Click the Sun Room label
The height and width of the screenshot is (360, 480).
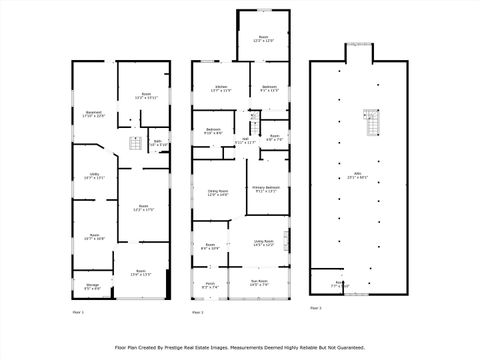259,283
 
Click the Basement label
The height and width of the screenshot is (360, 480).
92,114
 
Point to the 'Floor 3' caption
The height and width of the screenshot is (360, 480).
316,308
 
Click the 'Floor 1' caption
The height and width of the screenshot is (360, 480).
78,312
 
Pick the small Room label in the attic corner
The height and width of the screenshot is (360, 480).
339,283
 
